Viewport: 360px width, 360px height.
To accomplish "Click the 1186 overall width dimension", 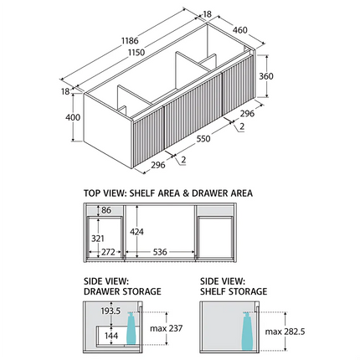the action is tap(130, 41).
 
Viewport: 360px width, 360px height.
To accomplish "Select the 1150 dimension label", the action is tap(136, 52).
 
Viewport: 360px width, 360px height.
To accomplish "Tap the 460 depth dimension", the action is tap(239, 30).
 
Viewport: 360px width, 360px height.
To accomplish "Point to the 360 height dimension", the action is tap(266, 76).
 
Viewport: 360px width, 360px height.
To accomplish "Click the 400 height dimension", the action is tap(73, 117).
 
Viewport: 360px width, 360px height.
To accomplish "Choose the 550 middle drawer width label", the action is tap(203, 138).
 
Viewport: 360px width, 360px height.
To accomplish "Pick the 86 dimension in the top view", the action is tap(106, 210).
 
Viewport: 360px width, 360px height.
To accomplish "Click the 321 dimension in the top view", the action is tap(98, 239).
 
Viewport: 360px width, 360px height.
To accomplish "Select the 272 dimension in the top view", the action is tap(108, 252).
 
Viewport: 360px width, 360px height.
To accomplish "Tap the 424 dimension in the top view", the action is tap(136, 232).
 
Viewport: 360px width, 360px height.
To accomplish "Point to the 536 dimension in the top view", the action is tap(160, 252).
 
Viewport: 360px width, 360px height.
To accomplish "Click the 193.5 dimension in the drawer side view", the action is tap(111, 311).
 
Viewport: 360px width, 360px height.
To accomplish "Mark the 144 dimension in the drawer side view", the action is tap(111, 336).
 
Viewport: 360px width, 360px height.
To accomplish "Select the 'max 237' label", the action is tap(166, 328).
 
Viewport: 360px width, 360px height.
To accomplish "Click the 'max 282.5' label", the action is tap(285, 332).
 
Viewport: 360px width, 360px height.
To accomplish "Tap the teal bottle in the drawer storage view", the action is tap(131, 328).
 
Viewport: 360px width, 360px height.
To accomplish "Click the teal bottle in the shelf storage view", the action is tap(247, 332).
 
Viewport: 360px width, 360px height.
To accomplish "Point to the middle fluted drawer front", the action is tap(193, 111).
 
